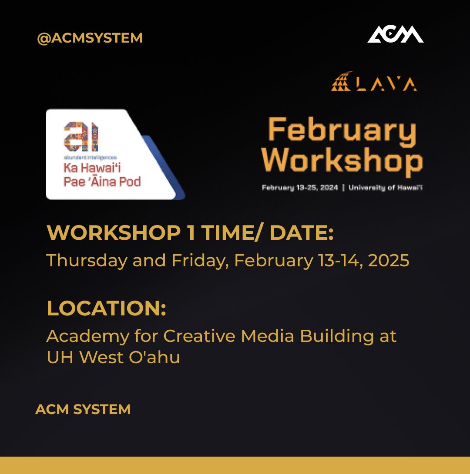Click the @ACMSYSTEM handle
coord(90,38)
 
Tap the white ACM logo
coord(395,35)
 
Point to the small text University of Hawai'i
coord(386,188)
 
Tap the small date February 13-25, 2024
coord(300,188)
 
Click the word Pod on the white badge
coord(131,181)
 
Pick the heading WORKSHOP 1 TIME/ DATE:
coord(190,234)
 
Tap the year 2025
coord(388,260)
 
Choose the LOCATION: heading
coord(106,308)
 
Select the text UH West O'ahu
coord(113,357)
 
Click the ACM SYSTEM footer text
coord(83,409)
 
